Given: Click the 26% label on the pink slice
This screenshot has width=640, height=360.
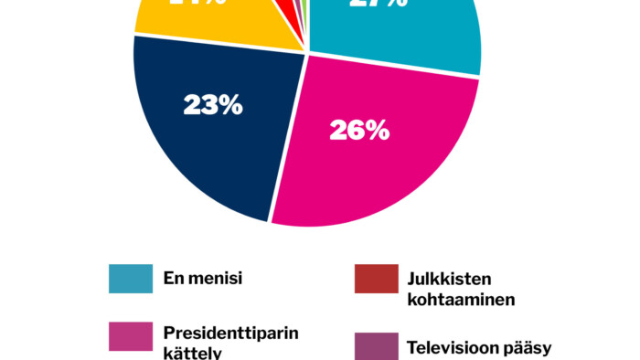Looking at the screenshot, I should [x=359, y=132].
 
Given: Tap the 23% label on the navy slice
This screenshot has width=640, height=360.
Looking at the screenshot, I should [x=212, y=106].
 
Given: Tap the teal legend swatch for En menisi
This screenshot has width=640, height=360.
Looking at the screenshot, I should [x=131, y=279].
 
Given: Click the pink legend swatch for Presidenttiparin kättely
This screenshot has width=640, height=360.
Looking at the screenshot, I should [x=131, y=336].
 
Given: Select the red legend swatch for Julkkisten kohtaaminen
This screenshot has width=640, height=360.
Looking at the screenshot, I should [x=377, y=279].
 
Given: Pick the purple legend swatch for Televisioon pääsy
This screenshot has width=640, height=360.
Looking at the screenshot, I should [x=377, y=346].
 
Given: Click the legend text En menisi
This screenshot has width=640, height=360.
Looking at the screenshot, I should [x=202, y=279].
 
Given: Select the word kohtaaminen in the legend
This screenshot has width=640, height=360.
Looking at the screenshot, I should [x=461, y=299].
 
